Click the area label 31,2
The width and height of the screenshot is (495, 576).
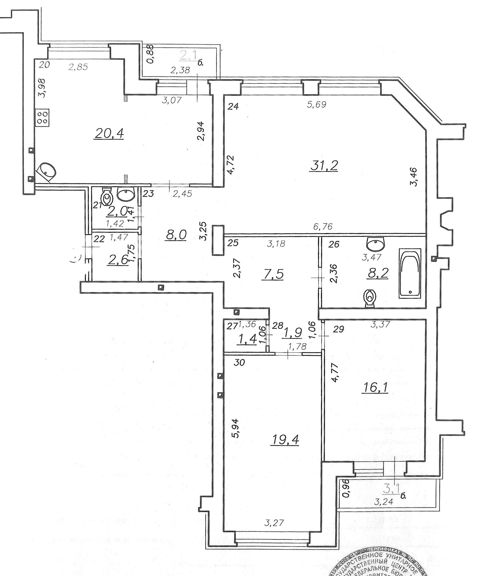click(x=324, y=166)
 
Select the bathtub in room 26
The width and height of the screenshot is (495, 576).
click(x=410, y=274)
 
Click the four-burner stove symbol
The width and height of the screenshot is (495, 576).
click(x=43, y=118)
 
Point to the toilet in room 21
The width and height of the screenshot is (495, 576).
click(x=107, y=196)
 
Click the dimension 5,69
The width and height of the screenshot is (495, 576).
click(x=317, y=104)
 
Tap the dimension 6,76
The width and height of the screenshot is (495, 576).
click(x=323, y=226)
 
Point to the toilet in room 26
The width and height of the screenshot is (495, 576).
click(x=370, y=298)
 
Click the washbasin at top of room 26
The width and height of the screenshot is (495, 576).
click(x=376, y=244)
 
